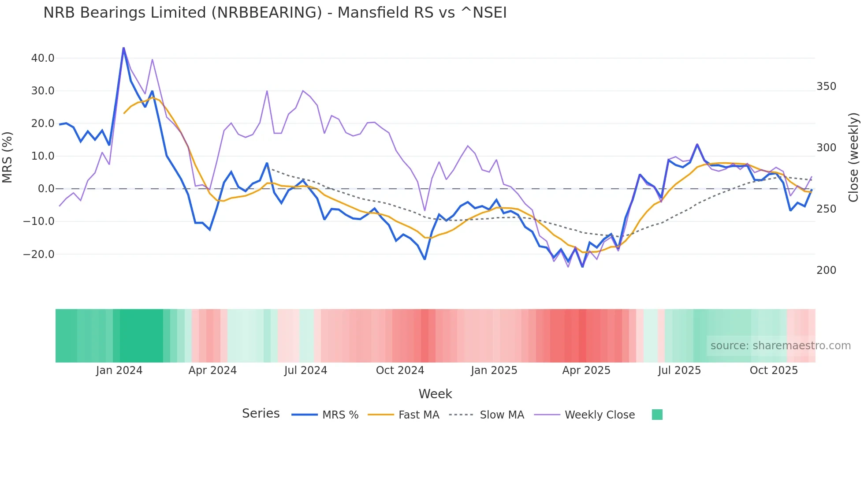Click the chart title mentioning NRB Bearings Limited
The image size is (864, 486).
coord(275,12)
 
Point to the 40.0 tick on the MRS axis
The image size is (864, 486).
coord(43,58)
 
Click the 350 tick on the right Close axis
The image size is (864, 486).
coord(826,86)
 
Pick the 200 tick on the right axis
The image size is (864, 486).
coord(826,270)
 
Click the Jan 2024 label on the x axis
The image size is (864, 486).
coord(119,370)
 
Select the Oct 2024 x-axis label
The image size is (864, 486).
coord(400,370)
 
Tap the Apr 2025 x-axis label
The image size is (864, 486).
coord(586,370)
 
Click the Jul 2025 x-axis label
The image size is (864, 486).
coord(679,370)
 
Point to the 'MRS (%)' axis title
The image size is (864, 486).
coord(7,157)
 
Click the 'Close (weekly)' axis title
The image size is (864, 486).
coord(853,157)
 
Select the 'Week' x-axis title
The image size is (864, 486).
coord(435,394)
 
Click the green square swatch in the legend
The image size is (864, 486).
coord(657,415)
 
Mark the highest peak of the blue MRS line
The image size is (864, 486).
coord(123,48)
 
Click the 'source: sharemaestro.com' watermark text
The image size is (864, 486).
coord(780,346)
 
